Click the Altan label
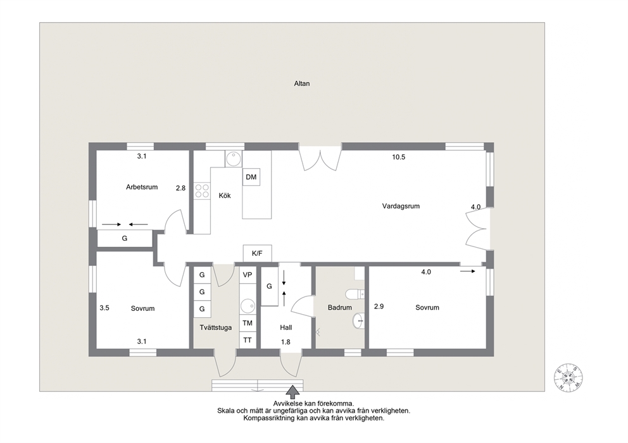(x=301, y=83)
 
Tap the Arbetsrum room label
(x=142, y=186)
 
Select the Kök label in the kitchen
(x=225, y=195)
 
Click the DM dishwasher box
(x=251, y=177)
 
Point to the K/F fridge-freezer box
(x=257, y=253)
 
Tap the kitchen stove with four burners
(x=202, y=191)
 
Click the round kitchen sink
(x=234, y=159)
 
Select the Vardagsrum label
(x=401, y=206)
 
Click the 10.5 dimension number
(x=398, y=157)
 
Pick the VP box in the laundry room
(x=248, y=275)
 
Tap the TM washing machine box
(x=248, y=323)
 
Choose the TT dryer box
(x=248, y=340)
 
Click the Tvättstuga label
(x=215, y=327)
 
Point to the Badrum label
(x=339, y=308)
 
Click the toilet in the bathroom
(x=355, y=294)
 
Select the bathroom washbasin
(x=358, y=320)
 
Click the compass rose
(x=568, y=378)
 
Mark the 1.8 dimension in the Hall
(x=286, y=342)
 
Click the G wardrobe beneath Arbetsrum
(x=125, y=238)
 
